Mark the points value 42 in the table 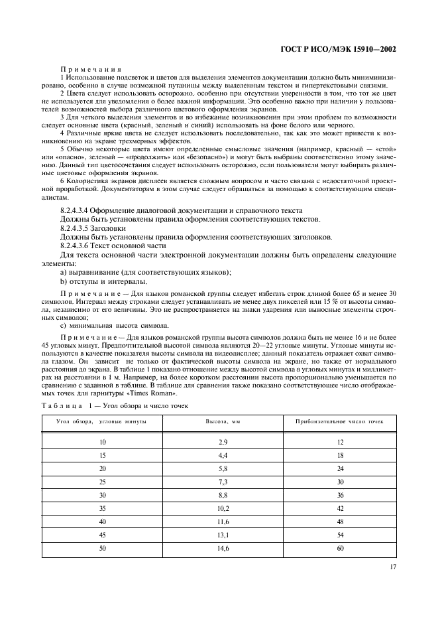[x=340, y=508]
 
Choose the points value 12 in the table [x=340, y=441]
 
